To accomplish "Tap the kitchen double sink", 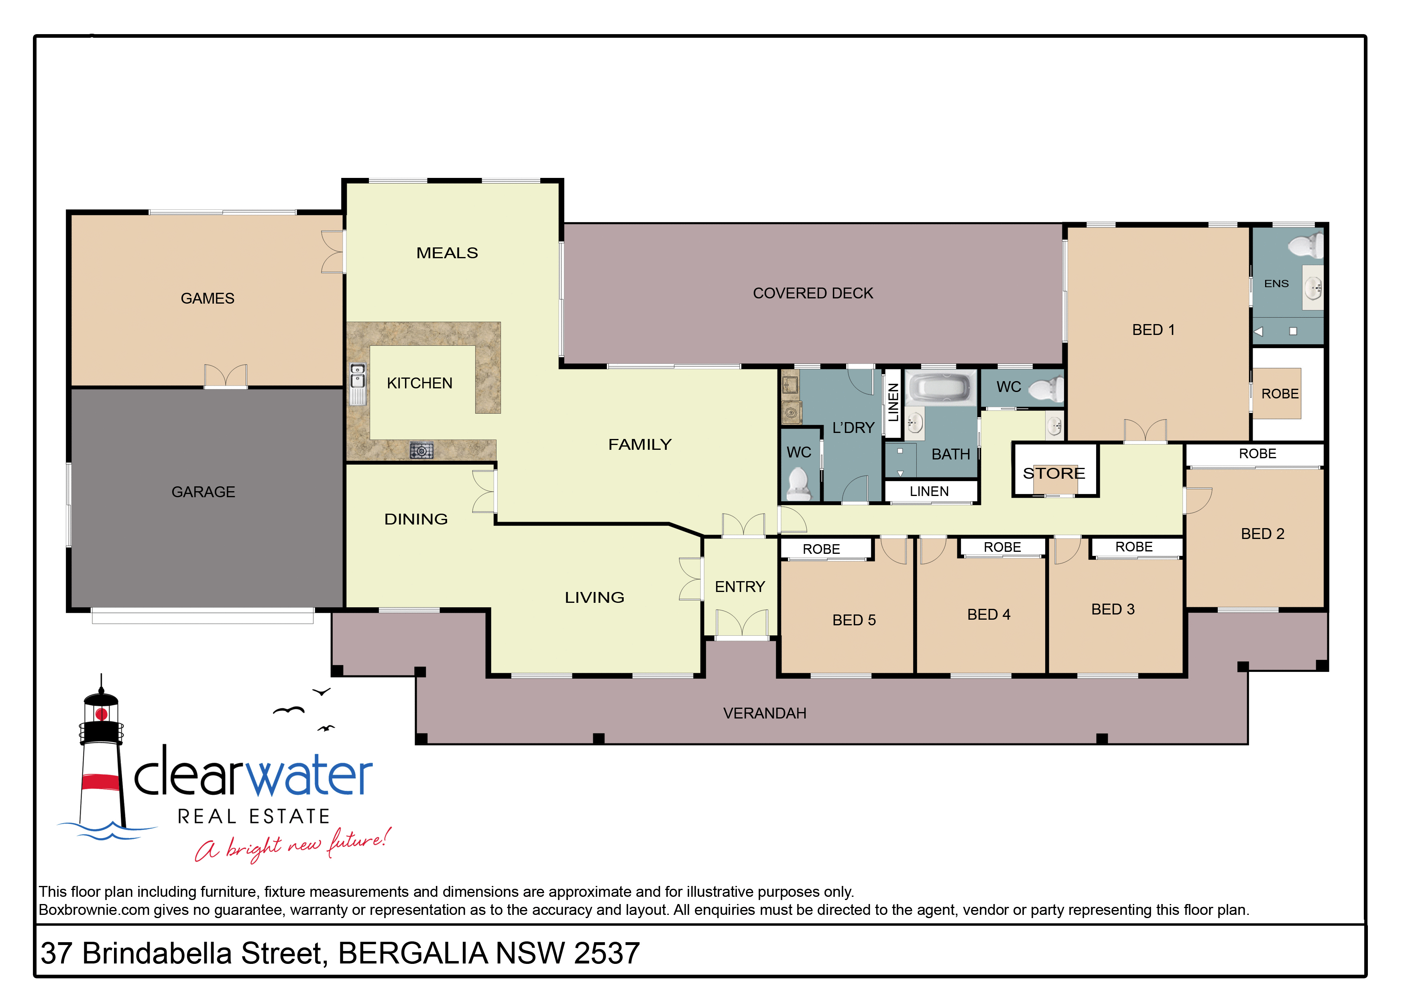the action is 358,384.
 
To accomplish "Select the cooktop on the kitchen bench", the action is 421,451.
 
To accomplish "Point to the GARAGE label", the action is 203,492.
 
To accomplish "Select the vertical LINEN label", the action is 893,402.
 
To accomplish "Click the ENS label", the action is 1276,284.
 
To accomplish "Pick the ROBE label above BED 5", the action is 821,549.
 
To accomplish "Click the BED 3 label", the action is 1113,609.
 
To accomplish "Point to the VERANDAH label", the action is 764,713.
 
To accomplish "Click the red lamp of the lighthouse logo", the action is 102,714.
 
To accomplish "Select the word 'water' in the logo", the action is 309,776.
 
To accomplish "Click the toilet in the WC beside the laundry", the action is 798,484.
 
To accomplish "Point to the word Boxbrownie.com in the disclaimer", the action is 94,910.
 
